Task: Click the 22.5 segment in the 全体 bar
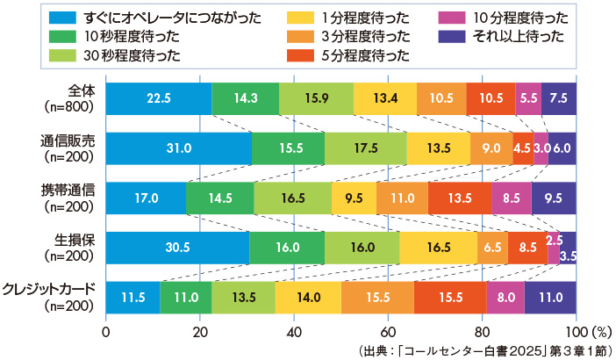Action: coord(159,97)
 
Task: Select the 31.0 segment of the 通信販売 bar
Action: coord(178,148)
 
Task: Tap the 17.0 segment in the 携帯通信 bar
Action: coord(146,198)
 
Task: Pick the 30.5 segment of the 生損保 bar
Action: coord(177,248)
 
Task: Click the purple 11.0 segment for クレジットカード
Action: coord(550,298)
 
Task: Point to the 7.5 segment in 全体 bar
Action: coord(559,97)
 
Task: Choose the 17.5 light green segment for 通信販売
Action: coord(365,148)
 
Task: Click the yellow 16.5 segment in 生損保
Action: coord(438,248)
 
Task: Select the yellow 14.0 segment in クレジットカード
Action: coord(308,298)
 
